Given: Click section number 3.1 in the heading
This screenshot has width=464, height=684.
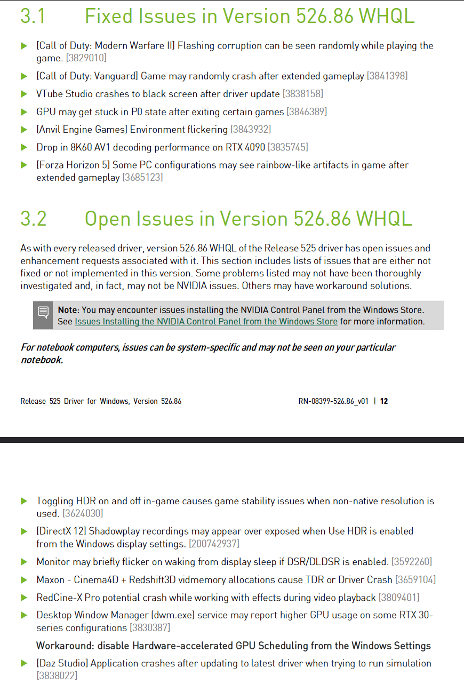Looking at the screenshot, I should (x=33, y=16).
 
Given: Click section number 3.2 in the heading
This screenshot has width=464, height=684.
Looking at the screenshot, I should (x=34, y=219).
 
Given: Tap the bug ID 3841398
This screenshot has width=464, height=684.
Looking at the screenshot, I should (x=387, y=76).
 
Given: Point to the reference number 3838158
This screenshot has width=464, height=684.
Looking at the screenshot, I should (x=303, y=94).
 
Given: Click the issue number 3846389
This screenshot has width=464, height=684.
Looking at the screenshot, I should (x=307, y=112).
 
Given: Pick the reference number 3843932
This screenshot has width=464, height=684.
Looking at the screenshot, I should (x=251, y=130).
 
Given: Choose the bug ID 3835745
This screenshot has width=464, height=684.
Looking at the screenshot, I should (x=287, y=147).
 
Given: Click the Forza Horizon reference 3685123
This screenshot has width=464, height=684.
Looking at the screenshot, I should (x=142, y=178).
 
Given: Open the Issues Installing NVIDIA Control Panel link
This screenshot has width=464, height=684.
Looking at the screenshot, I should (x=206, y=322).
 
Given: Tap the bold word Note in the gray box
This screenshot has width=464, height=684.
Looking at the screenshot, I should (x=68, y=310).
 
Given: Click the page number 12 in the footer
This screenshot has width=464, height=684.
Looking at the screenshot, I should (x=384, y=401).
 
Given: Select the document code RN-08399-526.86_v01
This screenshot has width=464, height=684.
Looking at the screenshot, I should (x=333, y=401).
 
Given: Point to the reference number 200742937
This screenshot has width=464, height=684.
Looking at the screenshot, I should (x=214, y=544).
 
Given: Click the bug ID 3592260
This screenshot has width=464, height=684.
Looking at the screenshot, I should (x=412, y=562).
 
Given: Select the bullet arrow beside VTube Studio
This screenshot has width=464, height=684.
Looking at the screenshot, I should (x=24, y=94).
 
